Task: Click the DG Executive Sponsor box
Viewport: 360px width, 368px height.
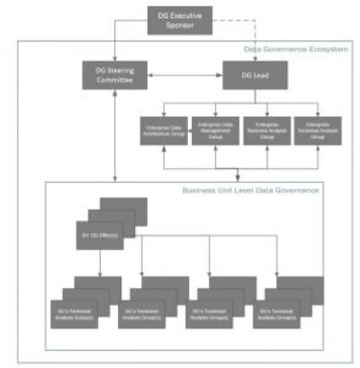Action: coord(180,20)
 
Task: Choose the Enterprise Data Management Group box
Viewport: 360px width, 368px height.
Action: coord(215,130)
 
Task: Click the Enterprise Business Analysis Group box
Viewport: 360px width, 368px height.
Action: coord(267,130)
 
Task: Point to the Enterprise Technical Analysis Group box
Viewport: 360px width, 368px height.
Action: coord(319,130)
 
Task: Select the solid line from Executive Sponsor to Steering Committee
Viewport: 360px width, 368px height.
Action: coord(115,36)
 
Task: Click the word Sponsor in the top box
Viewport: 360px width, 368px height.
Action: coord(180,26)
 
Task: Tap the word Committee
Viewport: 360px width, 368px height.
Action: coord(114,80)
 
